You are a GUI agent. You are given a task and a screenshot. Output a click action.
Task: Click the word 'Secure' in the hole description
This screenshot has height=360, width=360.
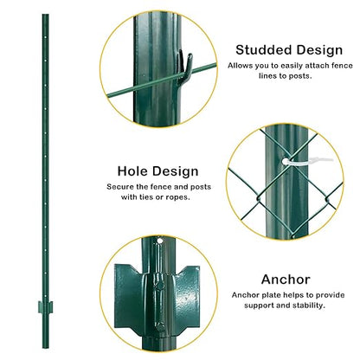(122, 187)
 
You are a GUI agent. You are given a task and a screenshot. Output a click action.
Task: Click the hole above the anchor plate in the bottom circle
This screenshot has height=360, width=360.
(160, 238)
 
